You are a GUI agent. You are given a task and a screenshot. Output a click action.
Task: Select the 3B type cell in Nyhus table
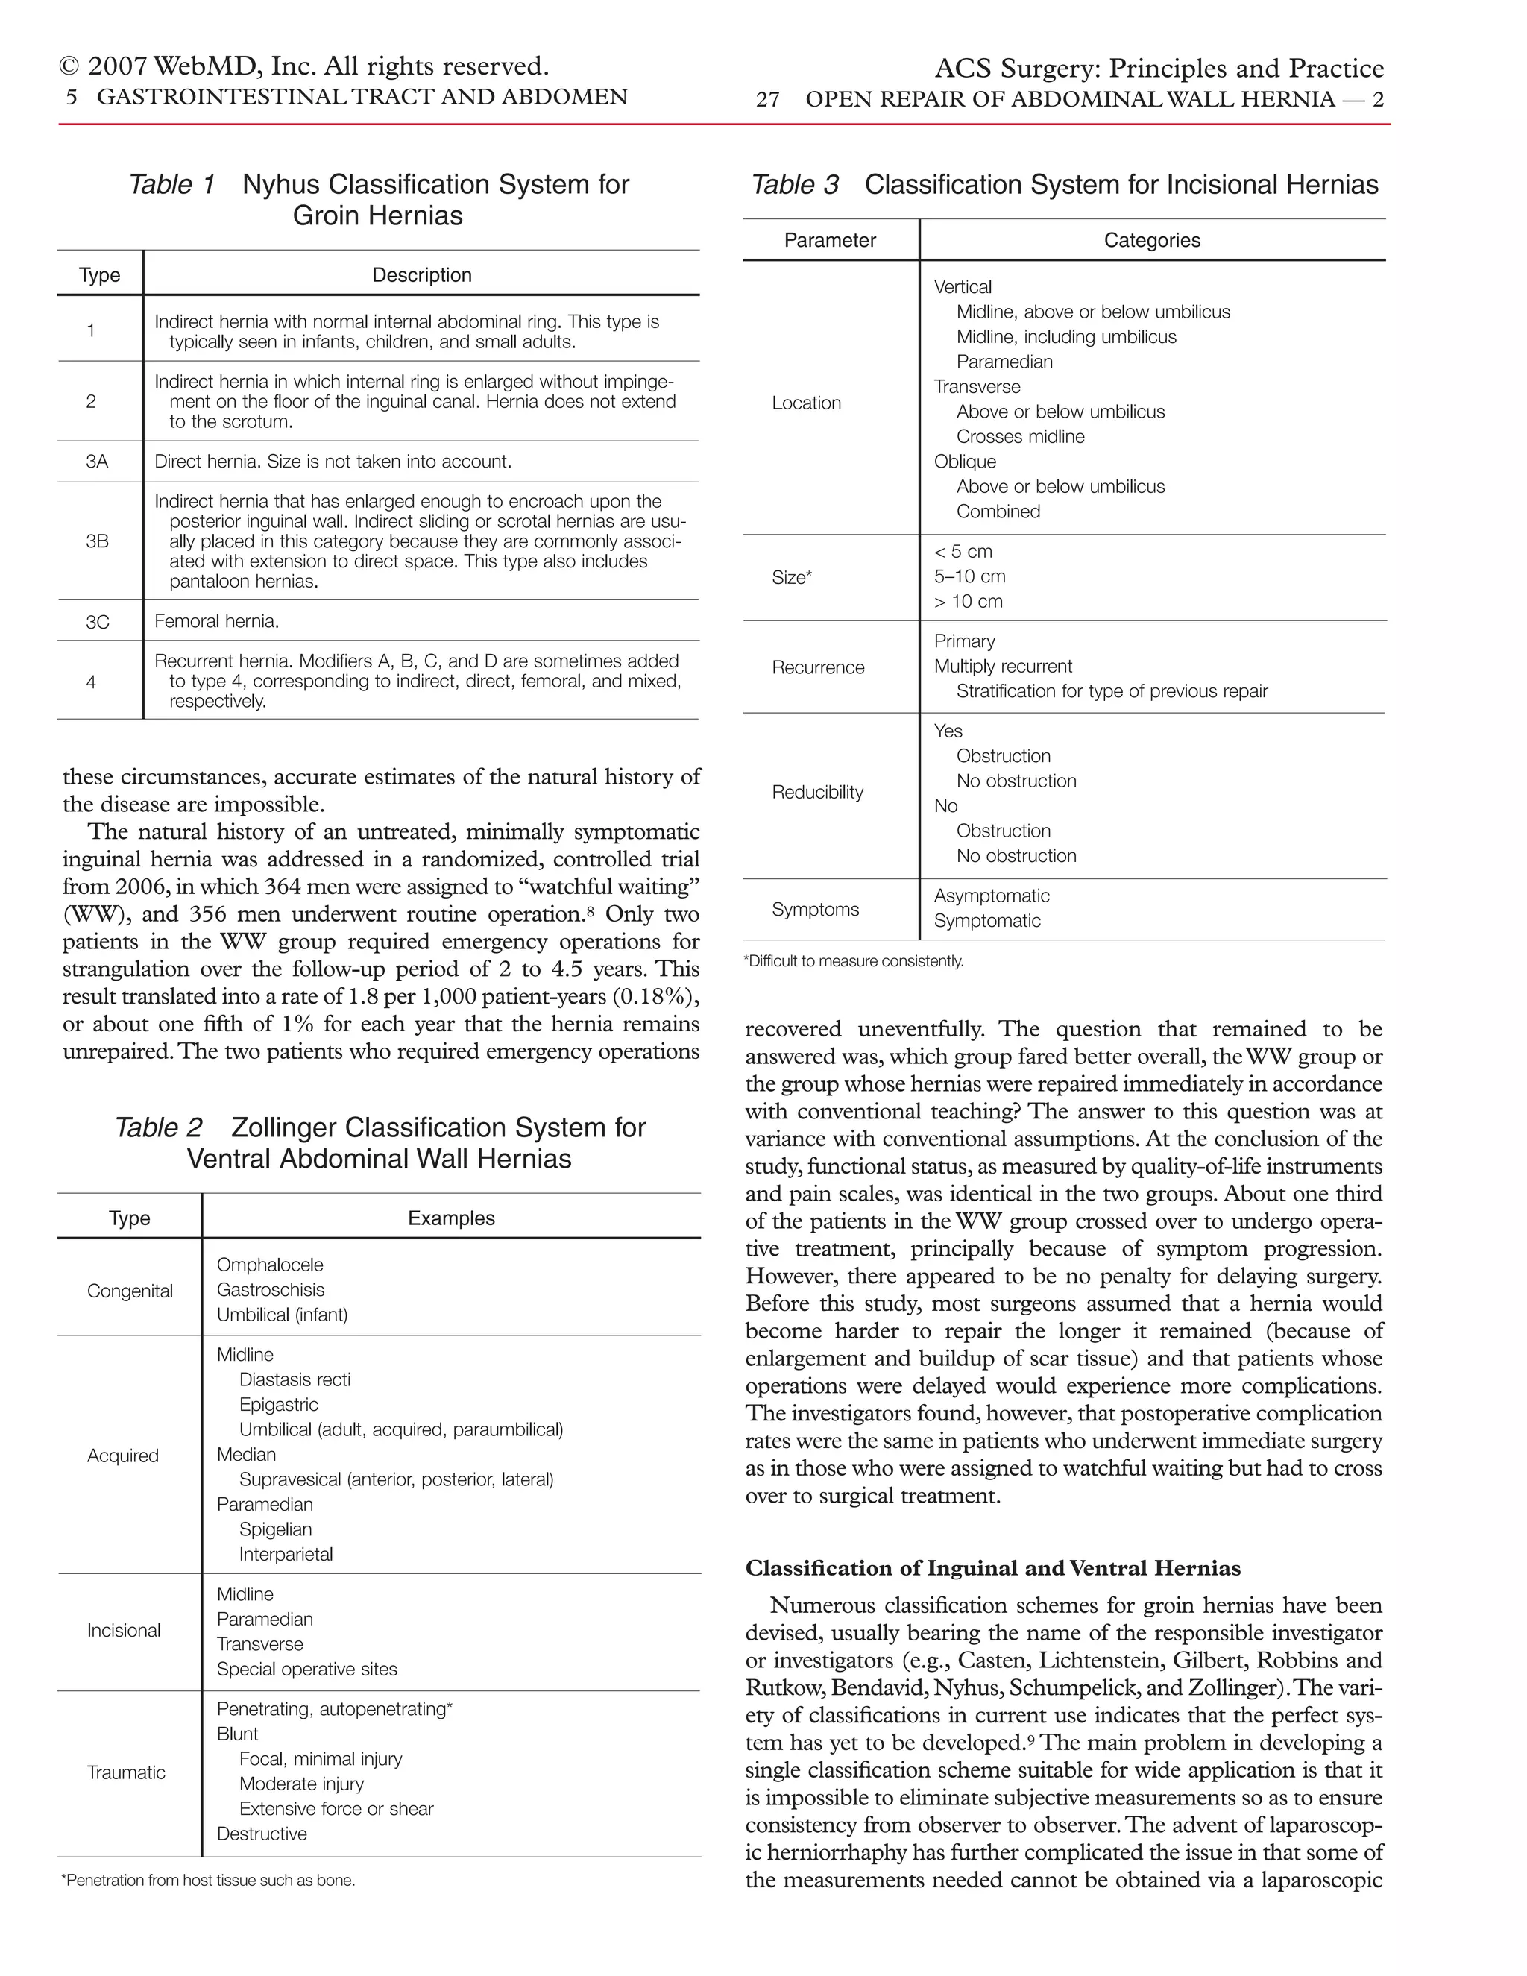click(97, 541)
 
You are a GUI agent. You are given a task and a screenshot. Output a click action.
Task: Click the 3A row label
click(97, 462)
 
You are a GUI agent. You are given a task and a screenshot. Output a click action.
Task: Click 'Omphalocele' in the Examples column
click(270, 1265)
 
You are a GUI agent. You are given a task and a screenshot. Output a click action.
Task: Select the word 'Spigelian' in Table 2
click(275, 1529)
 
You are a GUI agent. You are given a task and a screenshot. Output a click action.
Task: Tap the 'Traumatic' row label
click(126, 1772)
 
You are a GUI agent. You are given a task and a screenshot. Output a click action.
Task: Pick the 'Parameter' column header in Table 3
click(830, 241)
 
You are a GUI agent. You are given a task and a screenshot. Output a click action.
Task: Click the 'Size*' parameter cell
click(792, 577)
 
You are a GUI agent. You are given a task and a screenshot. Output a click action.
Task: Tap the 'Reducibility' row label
click(817, 793)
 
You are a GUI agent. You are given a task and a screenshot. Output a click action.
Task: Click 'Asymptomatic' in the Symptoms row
click(992, 896)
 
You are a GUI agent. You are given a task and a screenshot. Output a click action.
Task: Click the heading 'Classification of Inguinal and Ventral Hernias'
click(992, 1569)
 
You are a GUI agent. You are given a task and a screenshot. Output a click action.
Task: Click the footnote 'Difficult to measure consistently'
click(853, 962)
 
